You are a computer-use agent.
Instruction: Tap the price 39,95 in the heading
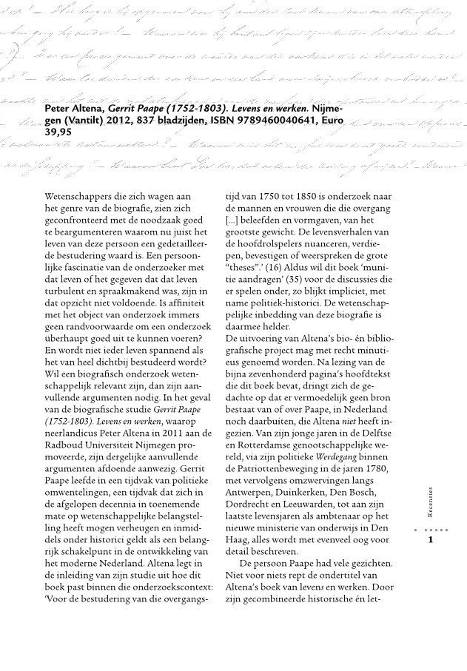(x=58, y=132)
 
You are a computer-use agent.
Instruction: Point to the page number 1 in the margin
(x=431, y=540)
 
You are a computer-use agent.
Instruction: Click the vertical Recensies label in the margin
(x=431, y=502)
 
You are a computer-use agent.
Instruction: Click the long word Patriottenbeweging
(x=288, y=470)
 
